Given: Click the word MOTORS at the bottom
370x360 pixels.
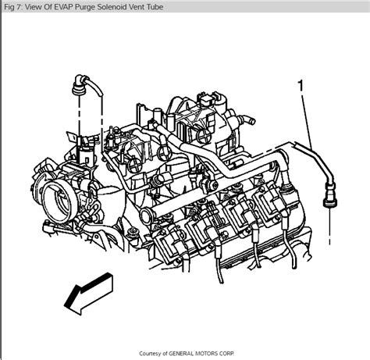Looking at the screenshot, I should coord(220,352).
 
